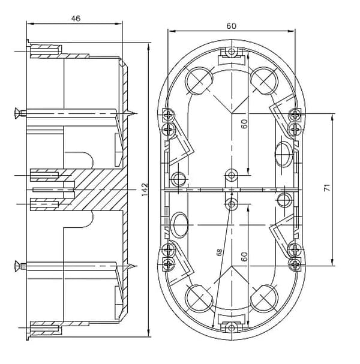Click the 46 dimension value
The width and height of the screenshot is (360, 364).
76,19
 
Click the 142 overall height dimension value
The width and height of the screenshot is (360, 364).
145,189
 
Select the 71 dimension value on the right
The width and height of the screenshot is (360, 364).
327,188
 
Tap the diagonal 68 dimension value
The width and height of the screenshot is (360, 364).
219,252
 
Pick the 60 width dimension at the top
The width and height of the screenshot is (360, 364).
231,26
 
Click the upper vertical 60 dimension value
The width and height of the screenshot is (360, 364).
244,124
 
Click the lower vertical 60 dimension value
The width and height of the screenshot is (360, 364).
244,257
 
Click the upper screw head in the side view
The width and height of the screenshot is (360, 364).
17,113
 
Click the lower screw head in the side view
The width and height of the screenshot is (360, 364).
17,266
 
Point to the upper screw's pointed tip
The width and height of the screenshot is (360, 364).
137,113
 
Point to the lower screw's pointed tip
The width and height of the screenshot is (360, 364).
137,266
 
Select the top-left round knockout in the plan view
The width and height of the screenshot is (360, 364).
199,80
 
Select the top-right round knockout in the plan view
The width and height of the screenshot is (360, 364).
265,80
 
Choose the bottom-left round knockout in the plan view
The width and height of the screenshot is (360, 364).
199,298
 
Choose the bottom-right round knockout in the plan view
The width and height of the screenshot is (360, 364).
265,298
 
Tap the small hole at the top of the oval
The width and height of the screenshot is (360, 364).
232,52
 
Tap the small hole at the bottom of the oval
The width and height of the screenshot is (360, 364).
232,328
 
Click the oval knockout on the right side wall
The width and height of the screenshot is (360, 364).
284,154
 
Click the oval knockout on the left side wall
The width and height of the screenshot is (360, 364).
179,225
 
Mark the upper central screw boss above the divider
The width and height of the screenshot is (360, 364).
232,175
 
